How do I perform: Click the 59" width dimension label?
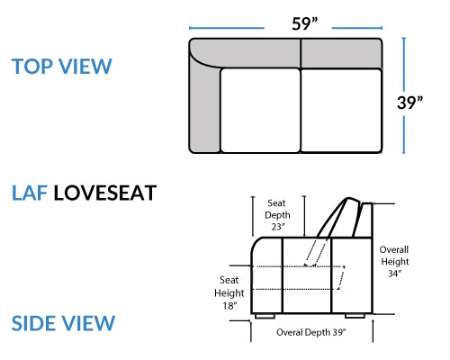[x=305, y=23]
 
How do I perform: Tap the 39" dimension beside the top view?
[x=409, y=103]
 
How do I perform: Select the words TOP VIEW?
[x=62, y=67]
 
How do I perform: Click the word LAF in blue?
[x=30, y=193]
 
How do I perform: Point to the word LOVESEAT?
[x=105, y=193]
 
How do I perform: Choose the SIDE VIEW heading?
[x=63, y=323]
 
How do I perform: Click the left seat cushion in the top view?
[x=260, y=111]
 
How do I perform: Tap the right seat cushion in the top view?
[x=341, y=111]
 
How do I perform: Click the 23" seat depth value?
[x=278, y=227]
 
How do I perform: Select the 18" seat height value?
[x=229, y=306]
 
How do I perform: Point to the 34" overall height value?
[x=394, y=274]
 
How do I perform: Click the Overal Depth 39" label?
[x=311, y=332]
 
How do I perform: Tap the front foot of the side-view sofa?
[x=265, y=316]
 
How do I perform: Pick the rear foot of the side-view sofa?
[x=355, y=316]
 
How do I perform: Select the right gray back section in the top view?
[x=341, y=53]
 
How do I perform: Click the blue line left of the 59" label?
[x=227, y=28]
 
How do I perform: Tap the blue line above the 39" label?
[x=404, y=63]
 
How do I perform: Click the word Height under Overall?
[x=395, y=262]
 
